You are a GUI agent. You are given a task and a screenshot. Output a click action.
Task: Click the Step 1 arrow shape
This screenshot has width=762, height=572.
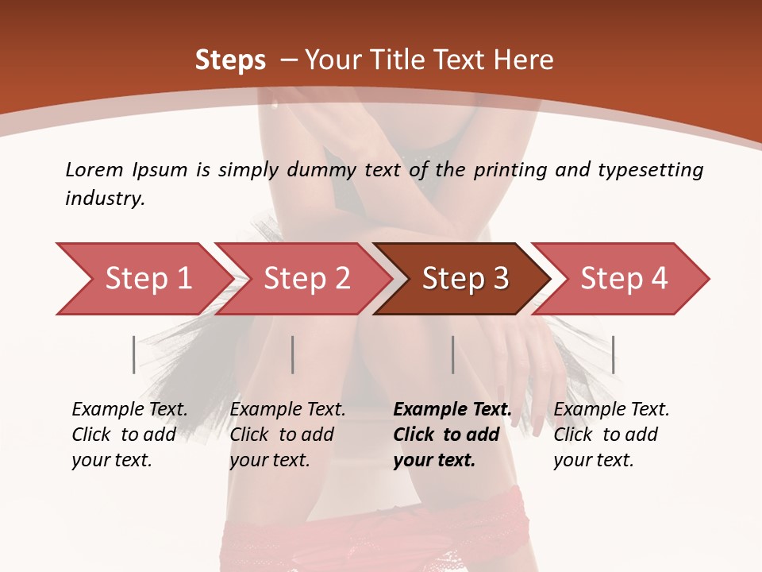click(143, 279)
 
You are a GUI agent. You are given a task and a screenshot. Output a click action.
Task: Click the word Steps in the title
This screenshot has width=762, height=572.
click(230, 60)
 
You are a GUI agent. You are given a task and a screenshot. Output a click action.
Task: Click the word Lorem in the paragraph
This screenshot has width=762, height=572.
click(94, 169)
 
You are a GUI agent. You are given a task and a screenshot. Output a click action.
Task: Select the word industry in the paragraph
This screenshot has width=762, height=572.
click(104, 199)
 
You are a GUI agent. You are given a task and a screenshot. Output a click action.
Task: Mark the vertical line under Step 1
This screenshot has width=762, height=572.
click(133, 354)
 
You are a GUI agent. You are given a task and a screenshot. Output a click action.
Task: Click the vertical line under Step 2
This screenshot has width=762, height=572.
click(293, 354)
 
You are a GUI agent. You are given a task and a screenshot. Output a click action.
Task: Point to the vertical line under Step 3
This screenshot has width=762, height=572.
click(452, 354)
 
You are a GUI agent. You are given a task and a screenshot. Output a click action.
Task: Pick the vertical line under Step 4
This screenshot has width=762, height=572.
click(613, 354)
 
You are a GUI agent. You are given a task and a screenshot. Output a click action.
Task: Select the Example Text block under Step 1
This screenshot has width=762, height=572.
click(129, 435)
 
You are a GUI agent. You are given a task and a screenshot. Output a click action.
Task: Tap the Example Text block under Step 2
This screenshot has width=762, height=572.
click(287, 435)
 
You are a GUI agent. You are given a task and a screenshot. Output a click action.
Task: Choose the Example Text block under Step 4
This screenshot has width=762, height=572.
click(611, 435)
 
